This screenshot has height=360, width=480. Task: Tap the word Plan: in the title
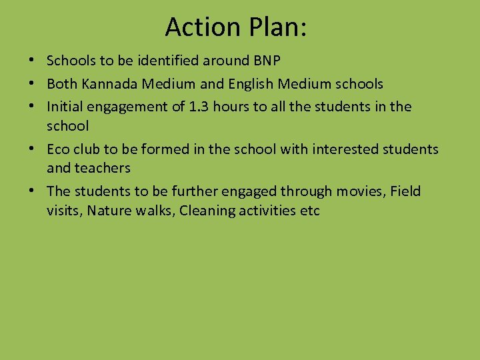point(275,27)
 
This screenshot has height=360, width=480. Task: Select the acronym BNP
point(267,61)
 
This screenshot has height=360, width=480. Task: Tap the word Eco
point(58,149)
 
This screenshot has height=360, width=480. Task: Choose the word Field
point(405,191)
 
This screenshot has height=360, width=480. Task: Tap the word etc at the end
point(311,211)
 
